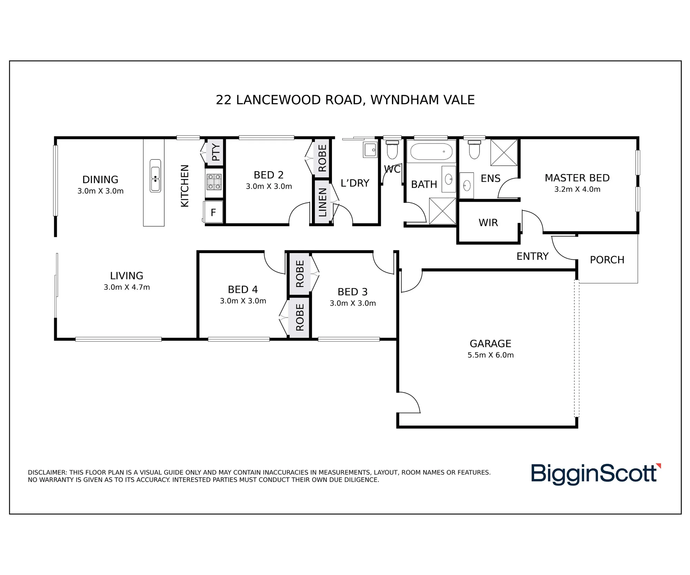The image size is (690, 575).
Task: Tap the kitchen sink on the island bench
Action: tap(155, 176)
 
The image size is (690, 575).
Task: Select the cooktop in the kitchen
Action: tap(214, 182)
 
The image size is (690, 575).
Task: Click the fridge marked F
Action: tap(213, 212)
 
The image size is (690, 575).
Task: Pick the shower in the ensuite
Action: tap(504, 152)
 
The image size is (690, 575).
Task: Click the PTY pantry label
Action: tap(216, 152)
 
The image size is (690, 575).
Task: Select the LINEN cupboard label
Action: tap(322, 202)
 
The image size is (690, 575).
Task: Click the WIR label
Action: tap(488, 223)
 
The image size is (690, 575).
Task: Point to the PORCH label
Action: tap(607, 260)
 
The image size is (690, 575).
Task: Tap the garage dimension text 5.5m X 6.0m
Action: tap(491, 355)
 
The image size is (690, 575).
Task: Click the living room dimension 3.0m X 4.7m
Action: tap(127, 287)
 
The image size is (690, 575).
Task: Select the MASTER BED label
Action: tap(577, 178)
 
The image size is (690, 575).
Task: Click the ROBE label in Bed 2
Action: tap(322, 158)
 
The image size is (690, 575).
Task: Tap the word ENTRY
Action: tap(532, 256)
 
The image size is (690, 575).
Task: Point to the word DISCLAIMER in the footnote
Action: tap(47, 473)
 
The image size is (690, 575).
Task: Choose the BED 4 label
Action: tap(243, 289)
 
